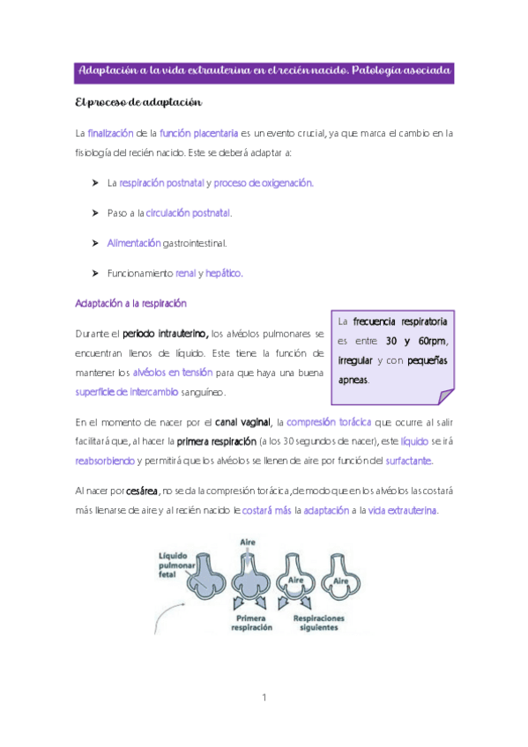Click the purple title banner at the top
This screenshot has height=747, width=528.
(264, 70)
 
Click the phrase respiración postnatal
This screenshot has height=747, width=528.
(154, 183)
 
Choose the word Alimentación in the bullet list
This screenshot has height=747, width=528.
(134, 242)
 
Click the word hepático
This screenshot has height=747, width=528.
(224, 273)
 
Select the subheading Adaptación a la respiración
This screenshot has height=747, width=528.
(131, 303)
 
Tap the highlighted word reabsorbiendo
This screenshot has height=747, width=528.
(105, 461)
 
